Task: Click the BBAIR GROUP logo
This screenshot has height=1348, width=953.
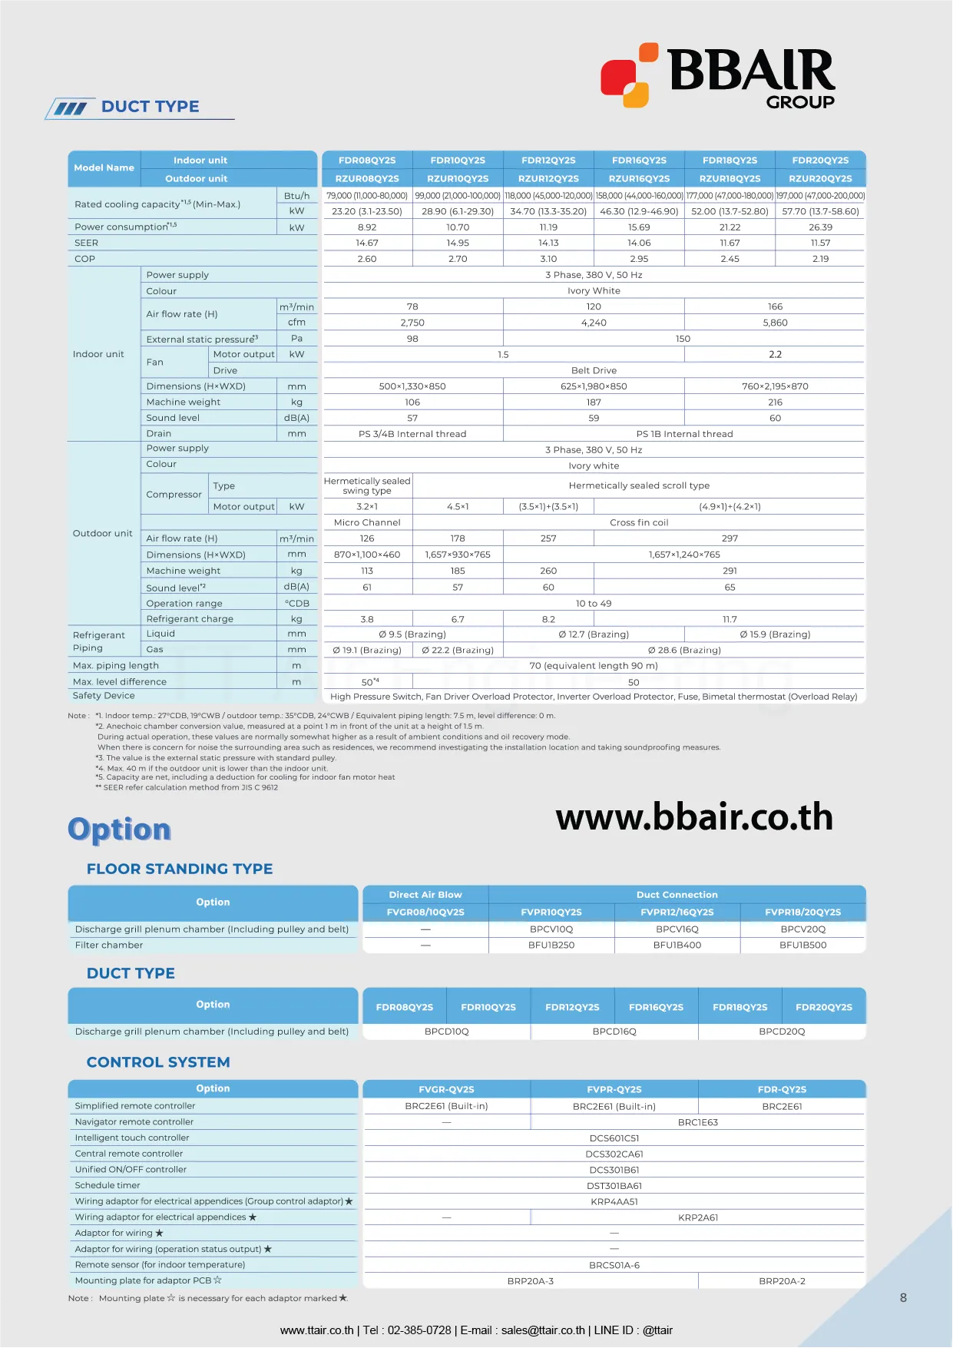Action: coord(718,75)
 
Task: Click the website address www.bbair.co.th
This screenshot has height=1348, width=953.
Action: coord(694,817)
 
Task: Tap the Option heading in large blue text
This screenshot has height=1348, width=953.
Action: coord(119,830)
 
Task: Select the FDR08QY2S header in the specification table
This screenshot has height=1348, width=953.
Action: coord(367,161)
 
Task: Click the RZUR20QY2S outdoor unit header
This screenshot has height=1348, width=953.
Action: coord(820,178)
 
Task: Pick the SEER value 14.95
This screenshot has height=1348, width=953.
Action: coord(458,243)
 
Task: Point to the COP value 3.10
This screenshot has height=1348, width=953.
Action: coord(548,259)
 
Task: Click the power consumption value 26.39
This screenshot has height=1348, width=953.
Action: coord(820,227)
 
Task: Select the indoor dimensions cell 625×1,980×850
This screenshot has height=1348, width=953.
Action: coord(594,386)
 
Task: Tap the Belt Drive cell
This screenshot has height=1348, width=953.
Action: coord(594,370)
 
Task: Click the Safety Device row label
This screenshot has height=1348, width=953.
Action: coord(104,696)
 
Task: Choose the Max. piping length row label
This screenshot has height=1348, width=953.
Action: coord(116,666)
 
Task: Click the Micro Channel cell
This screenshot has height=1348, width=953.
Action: coord(367,522)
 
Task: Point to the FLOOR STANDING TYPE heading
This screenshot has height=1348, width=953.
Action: coord(180,869)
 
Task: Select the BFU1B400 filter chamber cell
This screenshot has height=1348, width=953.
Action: coord(677,945)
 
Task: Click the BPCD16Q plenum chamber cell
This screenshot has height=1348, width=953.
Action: coord(614,1032)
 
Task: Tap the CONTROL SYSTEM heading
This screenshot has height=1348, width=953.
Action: coord(158,1062)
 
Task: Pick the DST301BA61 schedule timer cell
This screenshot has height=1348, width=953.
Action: coord(614,1186)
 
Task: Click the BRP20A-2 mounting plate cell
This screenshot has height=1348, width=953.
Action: coord(782,1281)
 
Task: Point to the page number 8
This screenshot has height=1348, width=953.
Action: coord(903,1297)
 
